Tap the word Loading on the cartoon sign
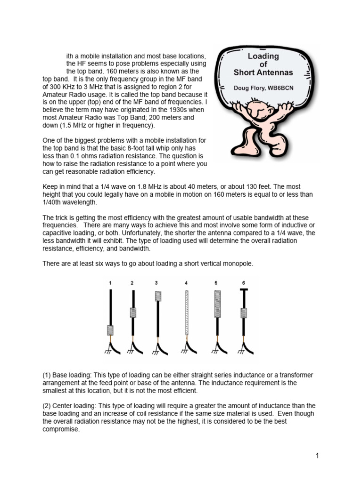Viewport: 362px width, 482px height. click(263, 56)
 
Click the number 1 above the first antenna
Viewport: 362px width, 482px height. click(110, 283)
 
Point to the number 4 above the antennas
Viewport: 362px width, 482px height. click(187, 283)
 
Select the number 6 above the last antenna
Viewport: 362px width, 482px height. click(244, 283)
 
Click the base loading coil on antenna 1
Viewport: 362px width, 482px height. click(111, 330)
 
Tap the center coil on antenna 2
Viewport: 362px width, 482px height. click(133, 313)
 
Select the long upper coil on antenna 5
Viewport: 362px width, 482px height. click(217, 306)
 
